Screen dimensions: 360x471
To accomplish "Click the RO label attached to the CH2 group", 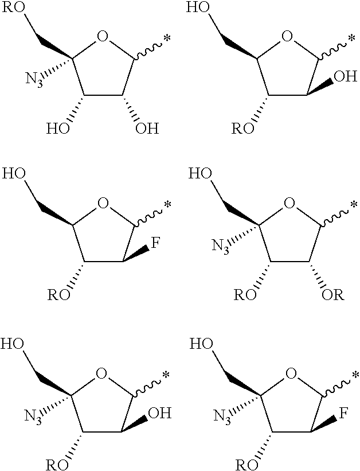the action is [13, 7].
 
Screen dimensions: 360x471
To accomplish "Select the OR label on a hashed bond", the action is [332, 295].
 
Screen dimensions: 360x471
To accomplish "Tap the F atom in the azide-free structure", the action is [155, 243].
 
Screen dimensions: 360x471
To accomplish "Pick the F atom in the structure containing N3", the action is [343, 413].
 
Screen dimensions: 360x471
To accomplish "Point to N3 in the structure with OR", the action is [220, 247].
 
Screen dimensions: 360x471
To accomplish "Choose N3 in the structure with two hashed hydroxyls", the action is [33, 80].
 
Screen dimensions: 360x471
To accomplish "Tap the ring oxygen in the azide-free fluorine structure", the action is [103, 204].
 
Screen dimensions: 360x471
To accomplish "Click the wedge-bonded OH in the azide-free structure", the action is [346, 77].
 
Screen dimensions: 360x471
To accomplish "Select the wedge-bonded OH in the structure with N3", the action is [160, 413].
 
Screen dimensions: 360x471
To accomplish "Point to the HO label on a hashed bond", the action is [58, 129].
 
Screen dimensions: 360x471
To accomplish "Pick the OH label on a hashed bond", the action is [147, 129].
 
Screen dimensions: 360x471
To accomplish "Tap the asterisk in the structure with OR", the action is [354, 205].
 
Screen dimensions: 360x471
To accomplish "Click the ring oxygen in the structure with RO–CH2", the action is [103, 37].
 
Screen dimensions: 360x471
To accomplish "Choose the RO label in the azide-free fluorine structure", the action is [59, 295].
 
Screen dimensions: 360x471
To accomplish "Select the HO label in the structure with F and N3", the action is [201, 344].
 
